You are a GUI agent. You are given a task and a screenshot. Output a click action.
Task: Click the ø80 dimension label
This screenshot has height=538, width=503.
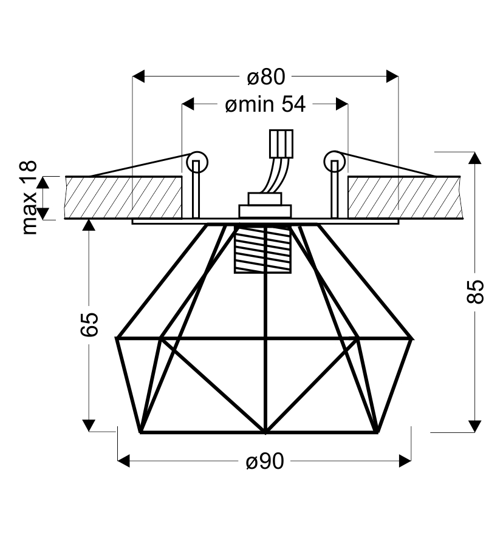coord(265,77)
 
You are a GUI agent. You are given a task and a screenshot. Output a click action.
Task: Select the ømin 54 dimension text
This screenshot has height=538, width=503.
coord(265,104)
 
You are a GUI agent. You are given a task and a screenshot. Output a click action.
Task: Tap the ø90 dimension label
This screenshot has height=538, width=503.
coord(265,461)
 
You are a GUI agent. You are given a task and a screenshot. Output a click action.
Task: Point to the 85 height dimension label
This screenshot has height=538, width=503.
coord(476,291)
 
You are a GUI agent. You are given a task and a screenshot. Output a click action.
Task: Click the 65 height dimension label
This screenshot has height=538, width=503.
coord(89,324)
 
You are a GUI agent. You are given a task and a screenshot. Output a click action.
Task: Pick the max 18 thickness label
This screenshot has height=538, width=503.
coord(29,197)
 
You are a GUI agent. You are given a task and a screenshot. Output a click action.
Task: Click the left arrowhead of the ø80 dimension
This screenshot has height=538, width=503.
coord(139,76)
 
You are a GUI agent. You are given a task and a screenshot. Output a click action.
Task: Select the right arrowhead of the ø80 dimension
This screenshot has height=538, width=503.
coord(392,76)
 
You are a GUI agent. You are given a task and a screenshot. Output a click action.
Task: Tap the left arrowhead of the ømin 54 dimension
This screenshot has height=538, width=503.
coord(188,104)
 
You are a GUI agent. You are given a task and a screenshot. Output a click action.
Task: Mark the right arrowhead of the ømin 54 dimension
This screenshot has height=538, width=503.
coord(342,104)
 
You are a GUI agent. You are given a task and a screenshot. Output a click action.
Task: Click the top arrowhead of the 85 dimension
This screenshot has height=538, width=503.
coord(475,158)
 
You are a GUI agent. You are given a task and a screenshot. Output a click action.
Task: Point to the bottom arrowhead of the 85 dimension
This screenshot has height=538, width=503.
coord(475,426)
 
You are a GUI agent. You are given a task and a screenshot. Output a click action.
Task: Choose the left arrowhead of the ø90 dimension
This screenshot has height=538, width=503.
coord(123,461)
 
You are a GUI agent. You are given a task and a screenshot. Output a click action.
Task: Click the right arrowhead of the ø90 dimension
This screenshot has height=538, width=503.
coord(405,461)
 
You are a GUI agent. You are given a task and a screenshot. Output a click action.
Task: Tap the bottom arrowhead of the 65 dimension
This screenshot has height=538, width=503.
coord(89,426)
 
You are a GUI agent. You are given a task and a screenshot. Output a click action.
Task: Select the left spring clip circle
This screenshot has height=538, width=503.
coord(197,162)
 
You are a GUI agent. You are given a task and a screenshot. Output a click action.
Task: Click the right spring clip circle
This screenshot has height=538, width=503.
coord(334,162)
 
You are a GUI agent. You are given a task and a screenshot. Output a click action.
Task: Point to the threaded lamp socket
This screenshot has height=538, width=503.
coord(262,249)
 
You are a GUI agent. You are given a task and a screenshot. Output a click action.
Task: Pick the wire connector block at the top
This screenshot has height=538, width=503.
coord(281,144)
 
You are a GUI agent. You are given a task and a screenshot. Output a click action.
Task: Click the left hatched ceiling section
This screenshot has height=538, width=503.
coord(123,197)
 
